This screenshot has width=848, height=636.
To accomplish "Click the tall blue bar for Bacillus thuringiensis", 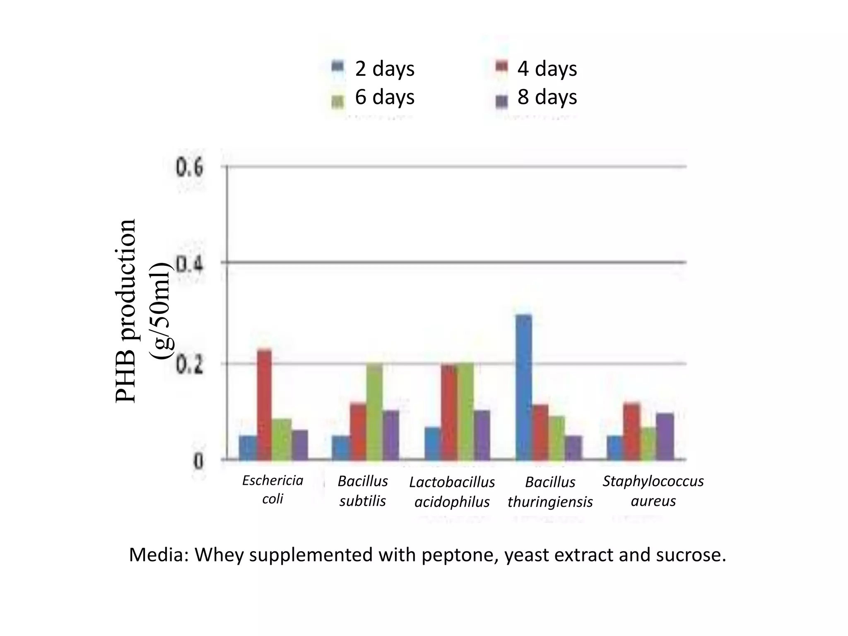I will [x=524, y=387].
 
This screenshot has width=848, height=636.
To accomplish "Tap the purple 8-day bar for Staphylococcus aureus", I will [x=665, y=436].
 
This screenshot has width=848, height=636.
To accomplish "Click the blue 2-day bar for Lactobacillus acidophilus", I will [x=433, y=443].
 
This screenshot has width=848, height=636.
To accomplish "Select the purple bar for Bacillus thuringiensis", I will [x=573, y=448].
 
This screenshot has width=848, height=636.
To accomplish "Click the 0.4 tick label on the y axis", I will [x=190, y=263].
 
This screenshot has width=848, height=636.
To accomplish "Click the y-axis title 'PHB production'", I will [x=126, y=311].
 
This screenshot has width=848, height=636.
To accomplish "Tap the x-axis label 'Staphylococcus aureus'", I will [x=653, y=491].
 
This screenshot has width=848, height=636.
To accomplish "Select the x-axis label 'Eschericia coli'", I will [x=272, y=489].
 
